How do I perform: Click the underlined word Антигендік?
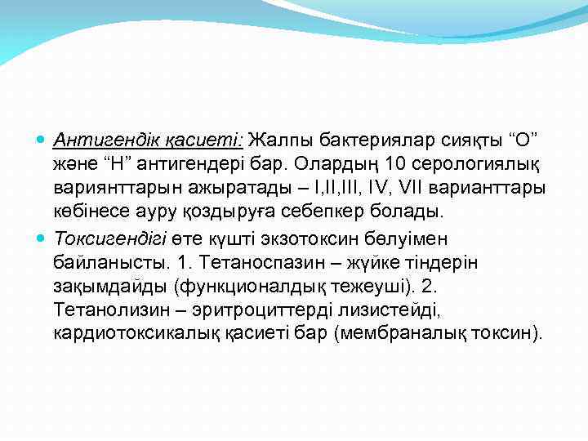[104, 141]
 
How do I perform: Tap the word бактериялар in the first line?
[372, 141]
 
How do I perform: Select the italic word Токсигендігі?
[110, 238]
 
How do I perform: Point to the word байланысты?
[106, 262]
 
